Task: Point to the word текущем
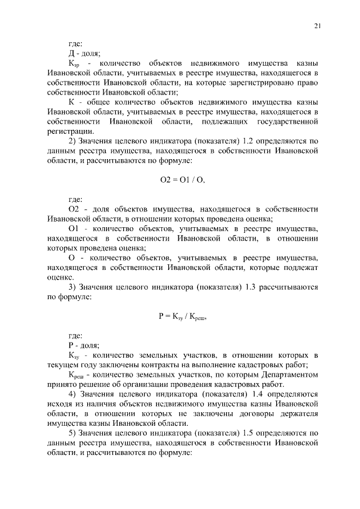(x=64, y=364)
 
